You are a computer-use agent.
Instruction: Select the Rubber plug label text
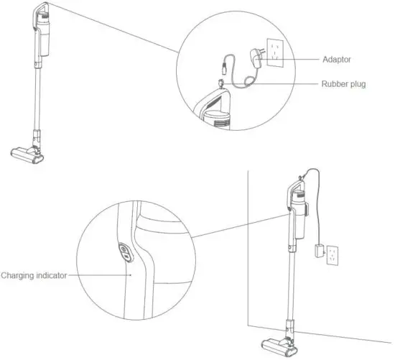[x=343, y=83]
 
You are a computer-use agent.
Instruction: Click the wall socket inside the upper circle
[x=276, y=52]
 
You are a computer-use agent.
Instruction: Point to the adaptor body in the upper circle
[x=255, y=55]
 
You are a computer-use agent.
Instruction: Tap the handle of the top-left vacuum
[x=41, y=14]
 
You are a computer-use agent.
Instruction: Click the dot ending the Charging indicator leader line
[x=131, y=274]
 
